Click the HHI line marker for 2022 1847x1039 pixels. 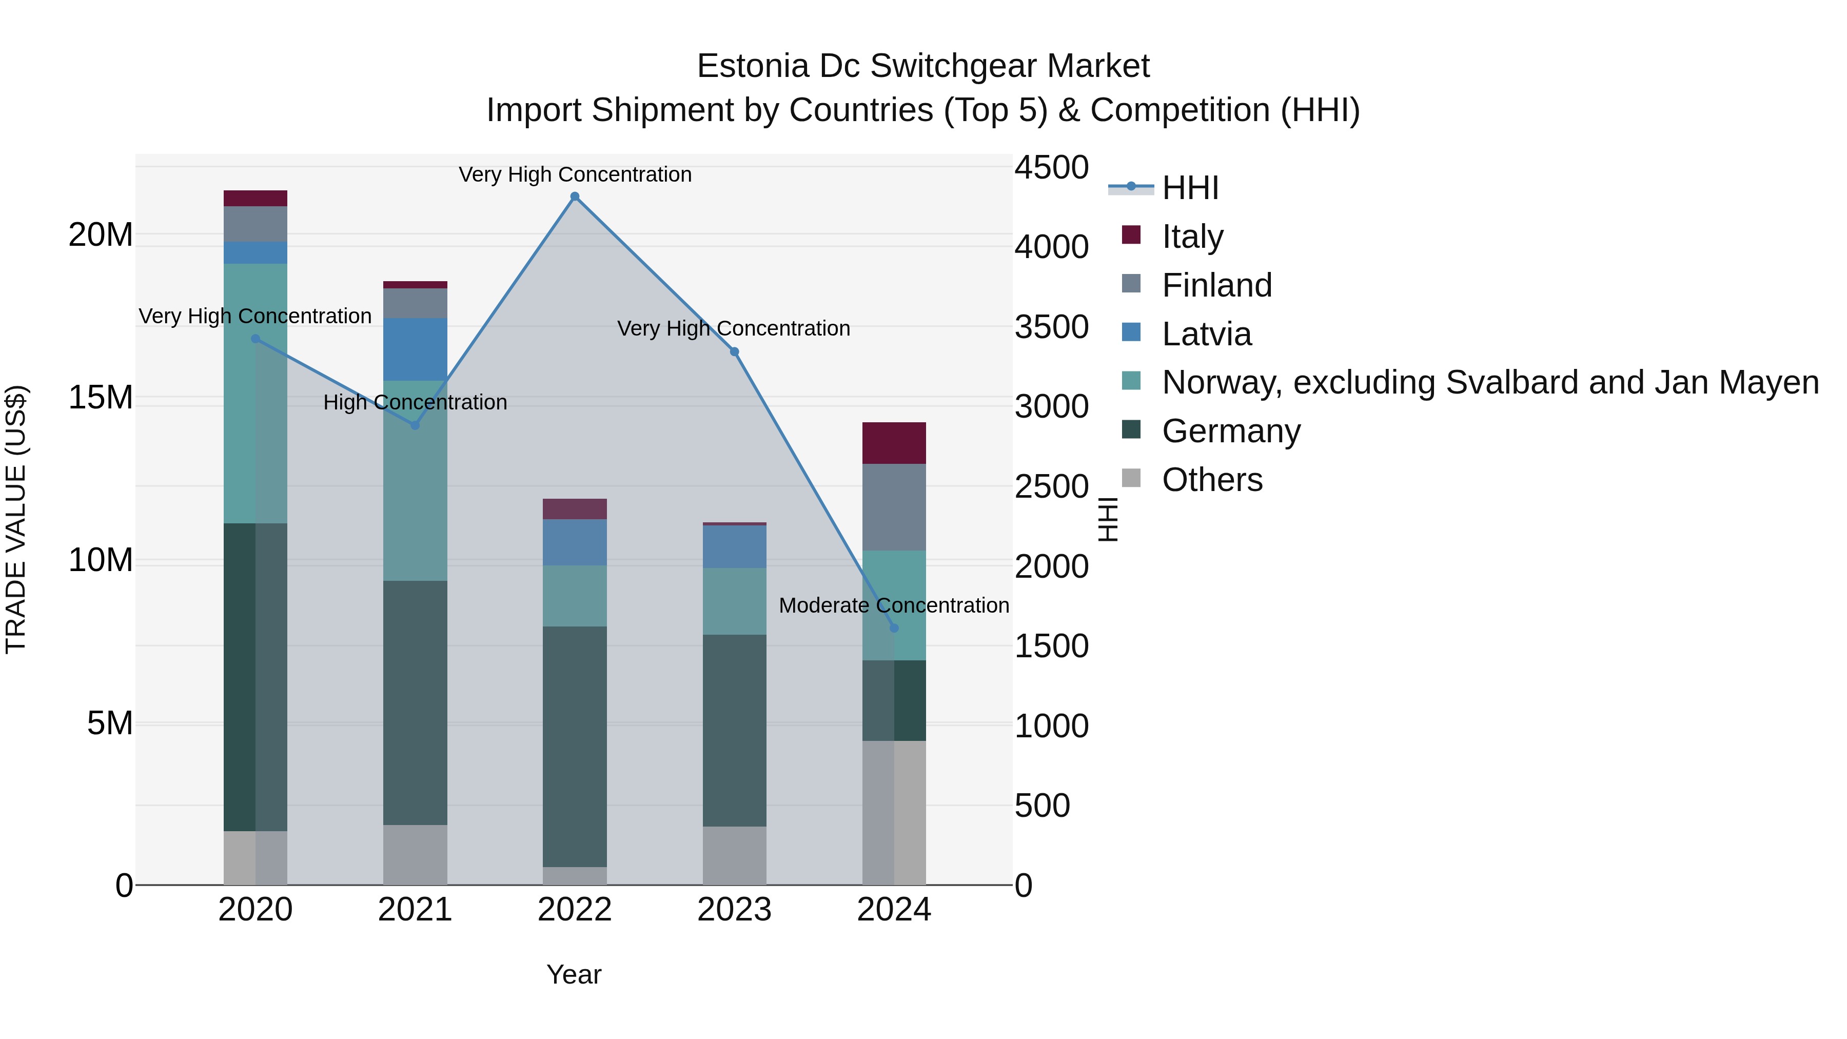point(574,197)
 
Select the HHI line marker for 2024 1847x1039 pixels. point(893,628)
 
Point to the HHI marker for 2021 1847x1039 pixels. point(415,425)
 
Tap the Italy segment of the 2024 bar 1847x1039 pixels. point(893,443)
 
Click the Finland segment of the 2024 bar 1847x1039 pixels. point(893,507)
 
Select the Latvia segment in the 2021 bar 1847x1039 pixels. point(415,349)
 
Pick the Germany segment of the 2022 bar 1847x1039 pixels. point(574,746)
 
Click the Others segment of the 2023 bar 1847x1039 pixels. point(734,855)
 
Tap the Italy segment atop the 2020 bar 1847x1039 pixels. point(256,199)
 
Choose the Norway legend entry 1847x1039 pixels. point(1490,382)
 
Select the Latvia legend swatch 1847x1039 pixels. point(1131,332)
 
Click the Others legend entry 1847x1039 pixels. point(1212,480)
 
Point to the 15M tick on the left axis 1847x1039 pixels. point(101,397)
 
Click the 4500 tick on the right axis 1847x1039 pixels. point(1051,168)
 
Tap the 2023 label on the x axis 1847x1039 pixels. point(734,910)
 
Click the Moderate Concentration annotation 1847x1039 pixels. point(893,605)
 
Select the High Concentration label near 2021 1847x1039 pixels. point(415,402)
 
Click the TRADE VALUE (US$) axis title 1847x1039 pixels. point(16,519)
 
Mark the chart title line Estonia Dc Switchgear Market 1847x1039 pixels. point(923,66)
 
